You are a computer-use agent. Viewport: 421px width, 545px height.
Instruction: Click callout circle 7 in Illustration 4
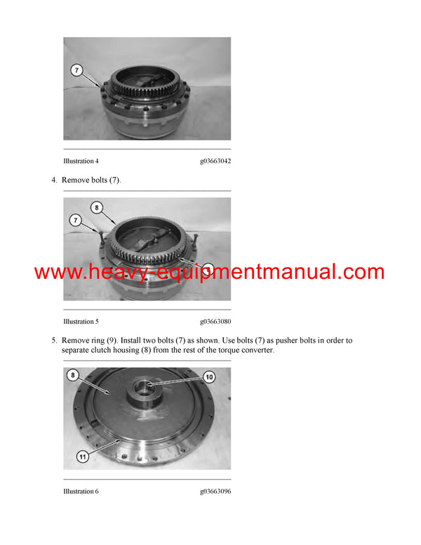[76, 70]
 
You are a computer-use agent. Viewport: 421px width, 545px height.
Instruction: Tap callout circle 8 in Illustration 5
[97, 207]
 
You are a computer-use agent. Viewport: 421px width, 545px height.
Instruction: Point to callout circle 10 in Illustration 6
[209, 377]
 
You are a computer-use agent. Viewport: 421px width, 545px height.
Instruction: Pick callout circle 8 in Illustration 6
[74, 376]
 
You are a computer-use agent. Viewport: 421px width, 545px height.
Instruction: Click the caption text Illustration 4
[81, 162]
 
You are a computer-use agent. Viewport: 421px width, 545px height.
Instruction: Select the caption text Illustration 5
[81, 322]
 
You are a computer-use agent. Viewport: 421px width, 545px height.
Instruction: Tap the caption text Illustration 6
[81, 492]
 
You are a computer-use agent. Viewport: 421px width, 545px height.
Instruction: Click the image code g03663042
[215, 162]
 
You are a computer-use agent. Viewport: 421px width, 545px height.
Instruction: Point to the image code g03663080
[215, 322]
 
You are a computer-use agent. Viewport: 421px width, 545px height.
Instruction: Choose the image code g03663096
[215, 492]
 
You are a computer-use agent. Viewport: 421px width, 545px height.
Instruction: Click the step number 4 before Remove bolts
[53, 180]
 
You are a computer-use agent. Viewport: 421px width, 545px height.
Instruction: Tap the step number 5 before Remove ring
[53, 341]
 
